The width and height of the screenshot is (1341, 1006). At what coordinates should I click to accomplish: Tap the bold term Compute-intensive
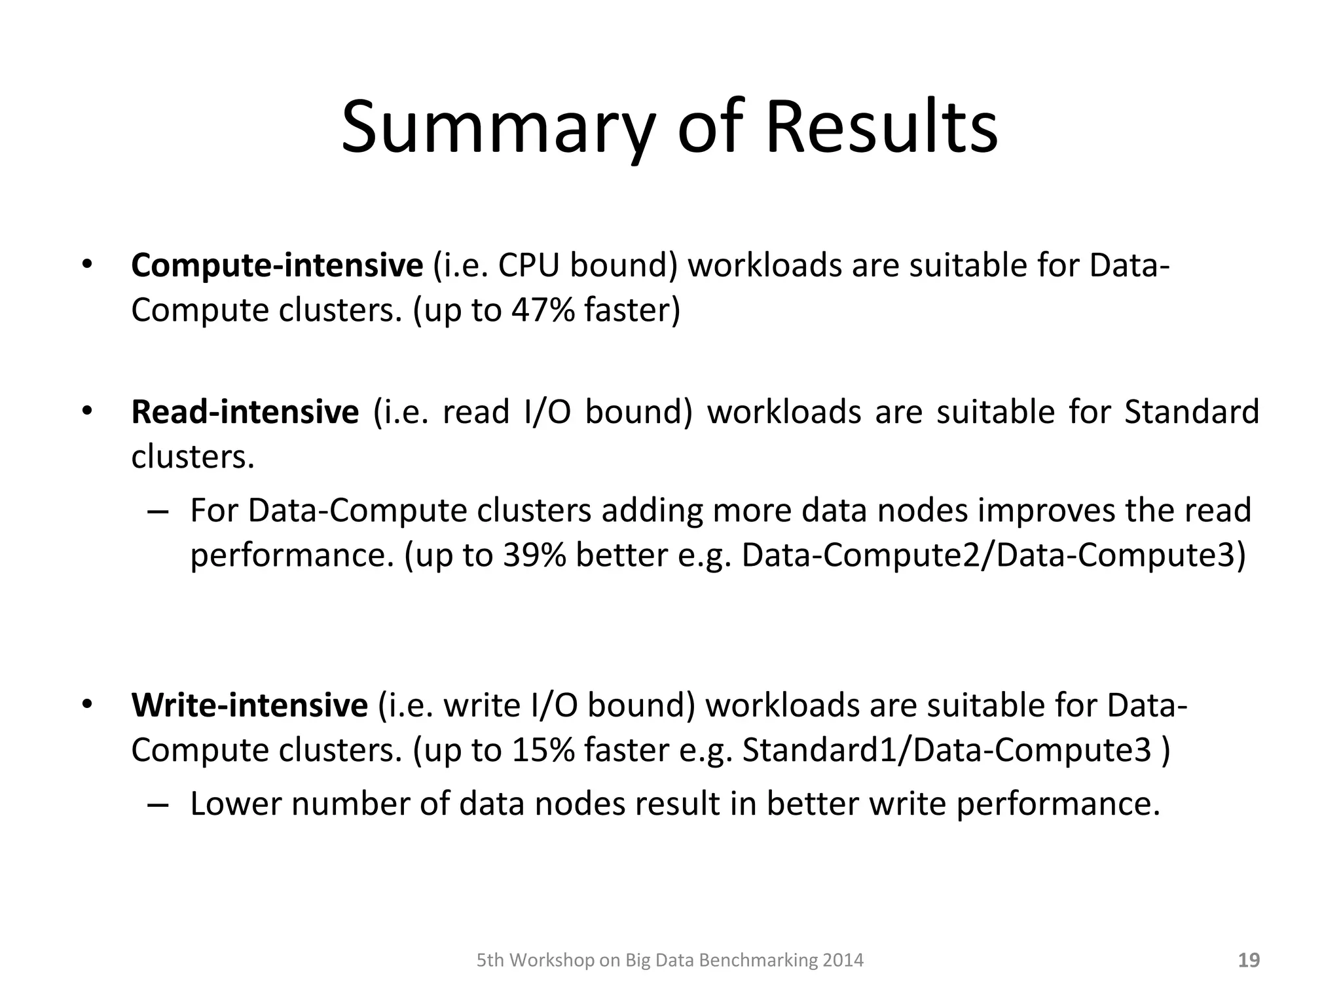[277, 266]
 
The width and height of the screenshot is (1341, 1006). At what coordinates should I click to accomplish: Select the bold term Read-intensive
[245, 413]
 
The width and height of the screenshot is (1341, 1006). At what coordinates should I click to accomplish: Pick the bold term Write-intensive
[249, 706]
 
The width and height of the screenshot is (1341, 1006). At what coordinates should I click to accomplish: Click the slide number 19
[1249, 960]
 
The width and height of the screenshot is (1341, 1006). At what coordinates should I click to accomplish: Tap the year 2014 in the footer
[843, 961]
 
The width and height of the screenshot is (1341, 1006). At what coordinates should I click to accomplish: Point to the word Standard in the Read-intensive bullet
[1192, 413]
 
